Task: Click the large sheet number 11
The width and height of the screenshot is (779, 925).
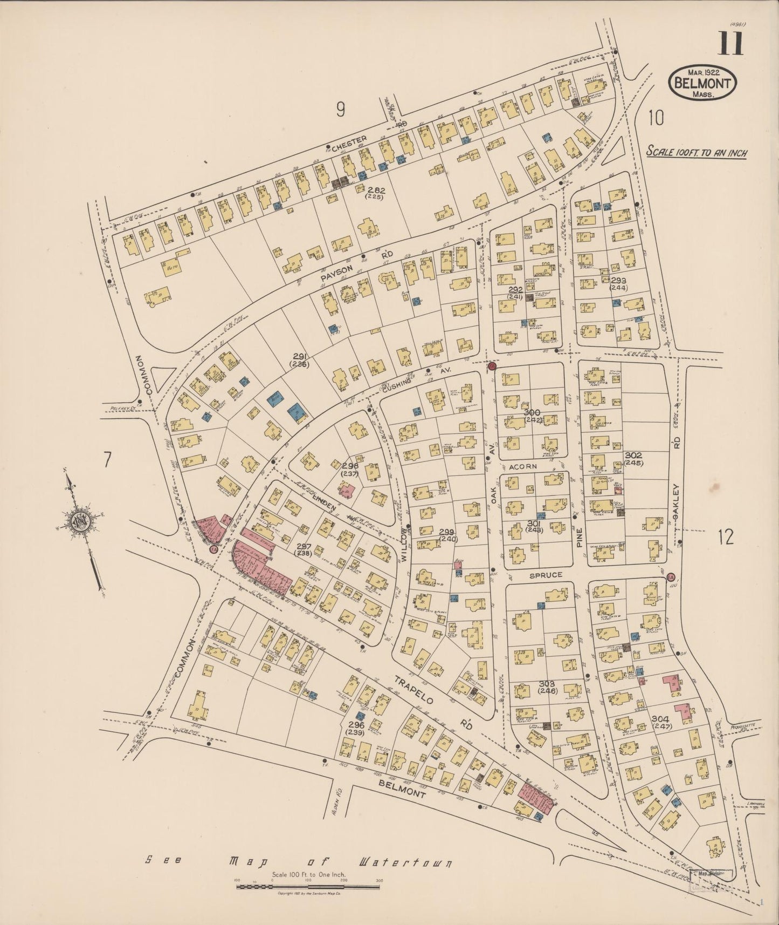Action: click(x=730, y=43)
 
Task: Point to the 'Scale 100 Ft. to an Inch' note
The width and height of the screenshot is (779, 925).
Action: click(x=697, y=153)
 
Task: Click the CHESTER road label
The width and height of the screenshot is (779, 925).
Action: click(x=349, y=144)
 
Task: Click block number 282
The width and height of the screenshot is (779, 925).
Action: click(x=376, y=191)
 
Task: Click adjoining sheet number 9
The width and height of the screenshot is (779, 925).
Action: click(x=340, y=110)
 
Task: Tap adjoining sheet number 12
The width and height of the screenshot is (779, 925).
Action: click(x=726, y=537)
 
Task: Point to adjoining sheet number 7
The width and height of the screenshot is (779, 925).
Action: click(x=108, y=460)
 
